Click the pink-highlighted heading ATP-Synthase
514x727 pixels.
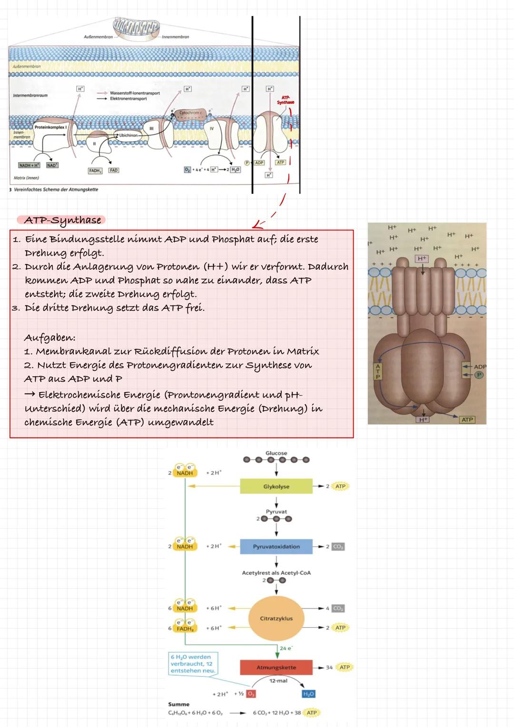pyautogui.click(x=63, y=220)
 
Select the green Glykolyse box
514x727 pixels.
pyautogui.click(x=276, y=487)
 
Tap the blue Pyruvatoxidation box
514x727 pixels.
pyautogui.click(x=276, y=547)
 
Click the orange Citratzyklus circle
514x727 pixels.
pyautogui.click(x=276, y=619)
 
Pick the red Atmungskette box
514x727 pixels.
pyautogui.click(x=276, y=668)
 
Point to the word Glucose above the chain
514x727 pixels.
pyautogui.click(x=276, y=453)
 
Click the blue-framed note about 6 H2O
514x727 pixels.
pyautogui.click(x=193, y=664)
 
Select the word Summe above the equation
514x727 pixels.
pyautogui.click(x=178, y=704)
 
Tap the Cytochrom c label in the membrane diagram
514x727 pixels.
pyautogui.click(x=190, y=113)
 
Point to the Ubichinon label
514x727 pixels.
pyautogui.click(x=128, y=135)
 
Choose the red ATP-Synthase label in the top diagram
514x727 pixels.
pyautogui.click(x=286, y=100)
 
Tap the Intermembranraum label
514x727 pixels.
pyautogui.click(x=30, y=96)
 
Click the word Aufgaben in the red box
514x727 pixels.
pyautogui.click(x=49, y=338)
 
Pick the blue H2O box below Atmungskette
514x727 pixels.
pyautogui.click(x=308, y=694)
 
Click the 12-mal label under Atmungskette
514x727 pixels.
pyautogui.click(x=278, y=681)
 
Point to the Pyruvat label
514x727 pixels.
pyautogui.click(x=276, y=511)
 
